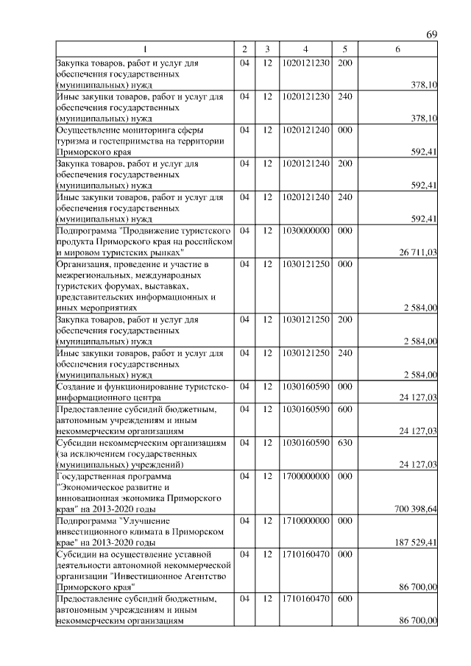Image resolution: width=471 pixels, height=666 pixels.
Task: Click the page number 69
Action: pyautogui.click(x=432, y=35)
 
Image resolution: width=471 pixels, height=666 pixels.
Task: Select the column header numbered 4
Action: pyautogui.click(x=305, y=49)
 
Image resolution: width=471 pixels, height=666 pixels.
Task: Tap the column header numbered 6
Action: pyautogui.click(x=397, y=49)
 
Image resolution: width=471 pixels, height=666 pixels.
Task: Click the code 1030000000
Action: pyautogui.click(x=305, y=230)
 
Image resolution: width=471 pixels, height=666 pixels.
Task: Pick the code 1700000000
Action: pyautogui.click(x=305, y=476)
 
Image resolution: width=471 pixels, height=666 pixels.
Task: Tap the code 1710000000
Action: pyautogui.click(x=305, y=520)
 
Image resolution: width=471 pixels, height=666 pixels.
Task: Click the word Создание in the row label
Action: pyautogui.click(x=76, y=386)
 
